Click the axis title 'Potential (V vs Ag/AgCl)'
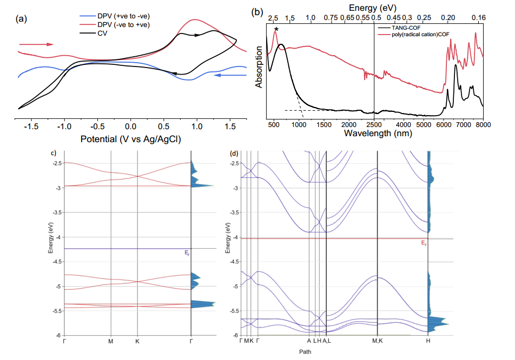130,139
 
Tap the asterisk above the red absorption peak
276,29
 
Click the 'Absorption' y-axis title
260,66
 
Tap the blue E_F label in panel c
187,252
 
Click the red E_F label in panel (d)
424,243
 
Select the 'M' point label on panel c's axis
111,341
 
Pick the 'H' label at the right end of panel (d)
428,341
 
